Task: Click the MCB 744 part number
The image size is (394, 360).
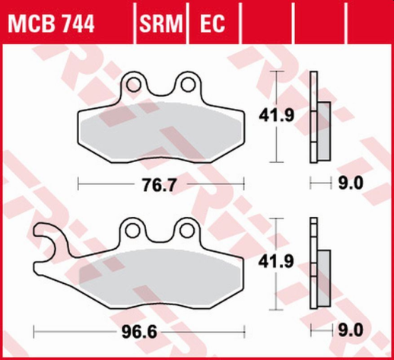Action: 52,25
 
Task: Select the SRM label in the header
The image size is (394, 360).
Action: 162,25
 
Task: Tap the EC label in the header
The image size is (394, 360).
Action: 212,25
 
